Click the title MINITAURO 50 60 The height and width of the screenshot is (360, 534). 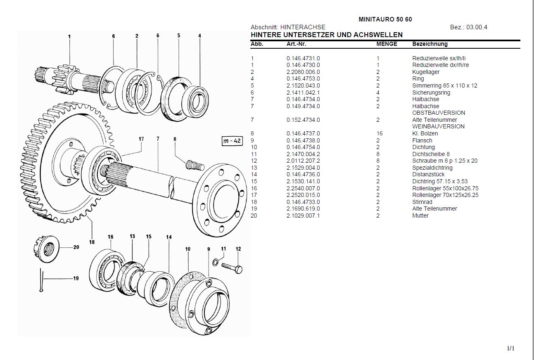(x=385, y=19)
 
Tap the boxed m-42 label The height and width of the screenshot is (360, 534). (x=232, y=141)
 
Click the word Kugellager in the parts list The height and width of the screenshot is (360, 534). (x=426, y=72)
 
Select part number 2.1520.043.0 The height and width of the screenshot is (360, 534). (x=303, y=85)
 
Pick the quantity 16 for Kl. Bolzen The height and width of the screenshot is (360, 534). (x=380, y=133)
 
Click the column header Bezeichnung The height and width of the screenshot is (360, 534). (x=430, y=44)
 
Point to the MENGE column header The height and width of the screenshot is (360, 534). (x=387, y=44)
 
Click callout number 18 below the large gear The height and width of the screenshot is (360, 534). (x=92, y=242)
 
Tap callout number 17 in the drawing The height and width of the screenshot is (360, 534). (x=141, y=139)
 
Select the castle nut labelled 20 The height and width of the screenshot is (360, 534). (x=46, y=248)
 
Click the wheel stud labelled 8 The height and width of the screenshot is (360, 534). (x=194, y=165)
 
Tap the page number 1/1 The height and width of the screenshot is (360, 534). (x=511, y=348)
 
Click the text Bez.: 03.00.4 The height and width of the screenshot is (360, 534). (x=468, y=27)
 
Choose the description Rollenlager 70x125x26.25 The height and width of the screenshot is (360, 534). (x=445, y=195)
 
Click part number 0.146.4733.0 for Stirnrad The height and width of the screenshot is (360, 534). (x=303, y=202)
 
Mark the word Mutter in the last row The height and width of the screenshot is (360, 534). (x=420, y=216)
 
